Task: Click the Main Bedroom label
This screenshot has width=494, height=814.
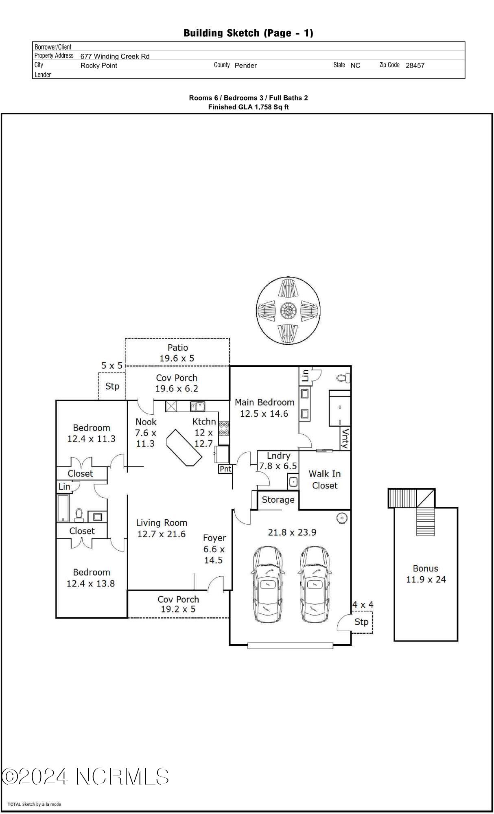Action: click(264, 402)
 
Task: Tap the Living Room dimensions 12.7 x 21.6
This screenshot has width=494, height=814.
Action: click(162, 534)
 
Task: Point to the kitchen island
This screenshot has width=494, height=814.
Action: click(184, 447)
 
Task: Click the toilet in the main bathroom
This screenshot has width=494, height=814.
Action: click(343, 378)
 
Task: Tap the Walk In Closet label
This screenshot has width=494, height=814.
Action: click(324, 479)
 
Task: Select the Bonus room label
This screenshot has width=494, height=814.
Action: click(426, 569)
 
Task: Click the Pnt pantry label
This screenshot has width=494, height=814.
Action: click(225, 469)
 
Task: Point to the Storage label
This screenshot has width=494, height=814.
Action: click(278, 500)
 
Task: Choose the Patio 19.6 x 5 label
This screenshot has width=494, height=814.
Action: click(177, 353)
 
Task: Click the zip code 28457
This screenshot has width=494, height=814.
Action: click(415, 65)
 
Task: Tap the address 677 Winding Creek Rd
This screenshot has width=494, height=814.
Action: click(115, 56)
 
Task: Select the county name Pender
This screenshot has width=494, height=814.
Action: click(246, 65)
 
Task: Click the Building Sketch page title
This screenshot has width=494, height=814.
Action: click(248, 33)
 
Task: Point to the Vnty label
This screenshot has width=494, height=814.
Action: click(346, 438)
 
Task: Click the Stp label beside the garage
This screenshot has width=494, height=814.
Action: click(361, 621)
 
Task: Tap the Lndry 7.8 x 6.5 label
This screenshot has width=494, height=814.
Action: click(278, 461)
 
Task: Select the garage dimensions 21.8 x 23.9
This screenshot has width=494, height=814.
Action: click(292, 532)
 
